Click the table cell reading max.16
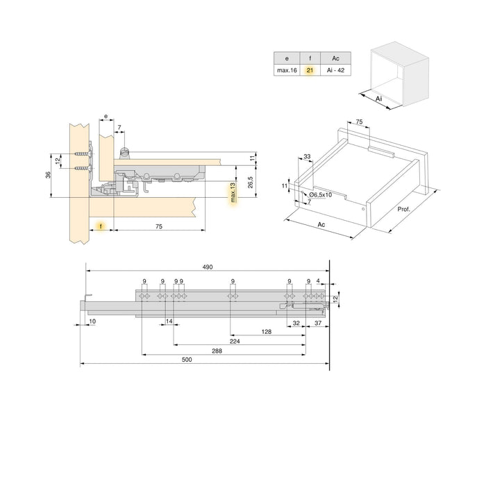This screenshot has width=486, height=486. (286, 71)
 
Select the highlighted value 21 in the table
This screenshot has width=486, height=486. (310, 71)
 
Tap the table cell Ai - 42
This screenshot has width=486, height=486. (335, 71)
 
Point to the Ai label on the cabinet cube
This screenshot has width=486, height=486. (379, 99)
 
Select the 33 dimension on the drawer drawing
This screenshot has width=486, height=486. (308, 157)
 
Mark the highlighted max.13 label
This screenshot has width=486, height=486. (233, 194)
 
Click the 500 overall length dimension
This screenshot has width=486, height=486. (206, 359)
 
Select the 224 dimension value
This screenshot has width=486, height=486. (235, 342)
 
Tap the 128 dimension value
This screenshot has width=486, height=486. (267, 332)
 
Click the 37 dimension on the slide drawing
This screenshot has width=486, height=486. (317, 323)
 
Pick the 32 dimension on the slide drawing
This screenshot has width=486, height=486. (296, 323)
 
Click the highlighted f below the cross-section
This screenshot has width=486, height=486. (101, 226)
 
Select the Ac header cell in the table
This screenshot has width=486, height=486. (335, 59)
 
